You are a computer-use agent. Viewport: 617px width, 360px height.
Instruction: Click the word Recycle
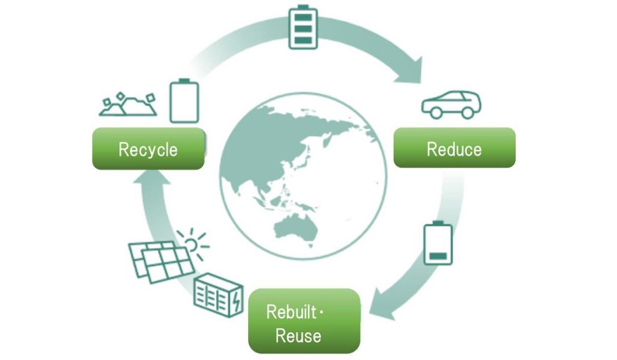click(148, 150)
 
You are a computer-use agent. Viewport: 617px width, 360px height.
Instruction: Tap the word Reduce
click(454, 150)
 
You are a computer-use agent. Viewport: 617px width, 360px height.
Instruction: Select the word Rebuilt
click(291, 312)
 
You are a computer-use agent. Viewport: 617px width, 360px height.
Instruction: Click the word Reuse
click(298, 336)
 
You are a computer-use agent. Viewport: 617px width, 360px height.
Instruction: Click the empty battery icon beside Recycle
click(184, 101)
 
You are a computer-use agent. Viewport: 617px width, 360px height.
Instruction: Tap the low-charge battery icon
click(438, 242)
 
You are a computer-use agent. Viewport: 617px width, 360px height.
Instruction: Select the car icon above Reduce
click(451, 104)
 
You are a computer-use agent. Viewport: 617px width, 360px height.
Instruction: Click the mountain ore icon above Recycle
click(128, 104)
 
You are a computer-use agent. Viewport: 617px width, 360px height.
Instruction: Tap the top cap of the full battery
click(303, 7)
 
